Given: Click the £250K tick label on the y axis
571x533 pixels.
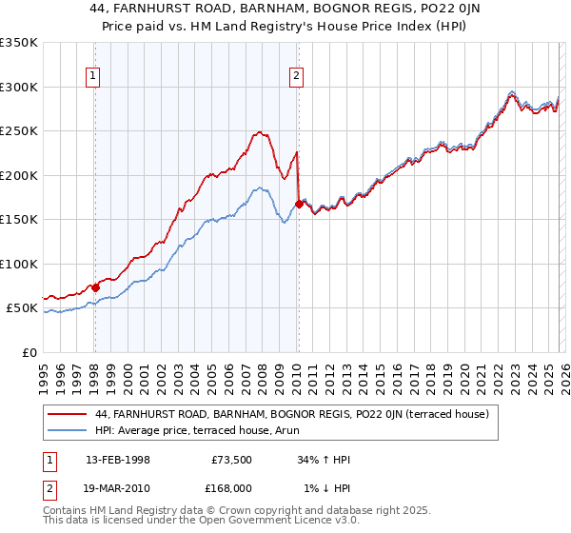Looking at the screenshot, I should [x=19, y=131].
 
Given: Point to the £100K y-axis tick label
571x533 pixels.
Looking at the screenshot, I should [x=19, y=265].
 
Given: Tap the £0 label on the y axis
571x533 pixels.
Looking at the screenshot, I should [x=30, y=353].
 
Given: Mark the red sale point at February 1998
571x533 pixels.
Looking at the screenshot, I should [x=95, y=287].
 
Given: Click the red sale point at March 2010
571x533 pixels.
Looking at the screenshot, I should [x=299, y=204].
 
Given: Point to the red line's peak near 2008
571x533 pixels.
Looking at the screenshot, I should [x=258, y=132].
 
